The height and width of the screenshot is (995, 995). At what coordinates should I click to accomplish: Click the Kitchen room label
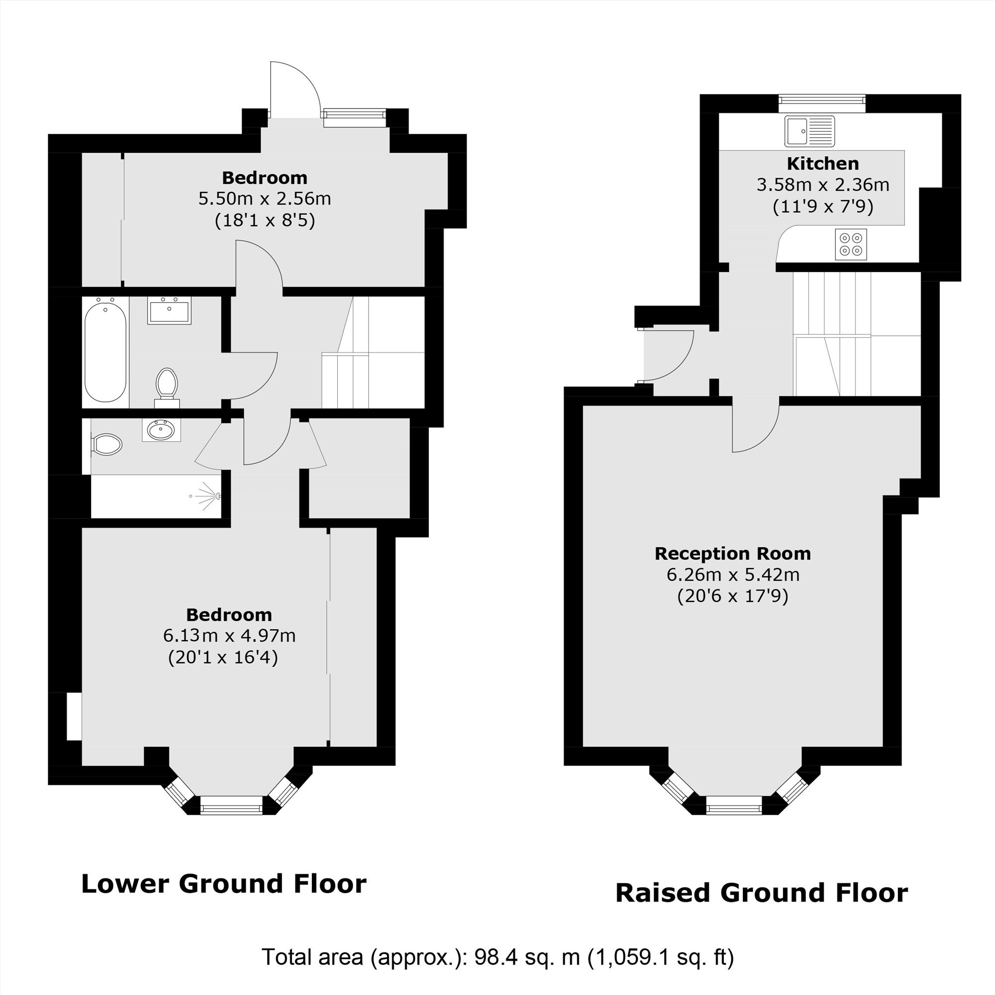click(822, 164)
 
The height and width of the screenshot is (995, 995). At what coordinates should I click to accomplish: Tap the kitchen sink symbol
click(809, 131)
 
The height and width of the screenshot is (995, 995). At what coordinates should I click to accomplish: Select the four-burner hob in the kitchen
click(851, 244)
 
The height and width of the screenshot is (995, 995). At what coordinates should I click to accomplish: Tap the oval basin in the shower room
click(161, 429)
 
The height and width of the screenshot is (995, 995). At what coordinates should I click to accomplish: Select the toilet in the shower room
click(106, 444)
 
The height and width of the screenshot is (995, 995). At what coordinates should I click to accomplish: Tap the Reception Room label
click(732, 554)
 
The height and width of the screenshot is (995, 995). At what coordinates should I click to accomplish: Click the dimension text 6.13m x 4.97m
click(229, 635)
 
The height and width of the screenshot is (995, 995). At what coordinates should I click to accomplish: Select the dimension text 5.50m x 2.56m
click(265, 199)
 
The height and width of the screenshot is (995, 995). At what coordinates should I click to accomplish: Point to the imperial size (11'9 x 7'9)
click(823, 206)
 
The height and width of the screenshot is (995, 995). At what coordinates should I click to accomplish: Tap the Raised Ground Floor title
click(762, 893)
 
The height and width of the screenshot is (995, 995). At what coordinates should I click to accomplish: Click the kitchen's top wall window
click(822, 103)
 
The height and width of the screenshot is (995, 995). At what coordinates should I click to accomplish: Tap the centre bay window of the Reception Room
click(733, 806)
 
